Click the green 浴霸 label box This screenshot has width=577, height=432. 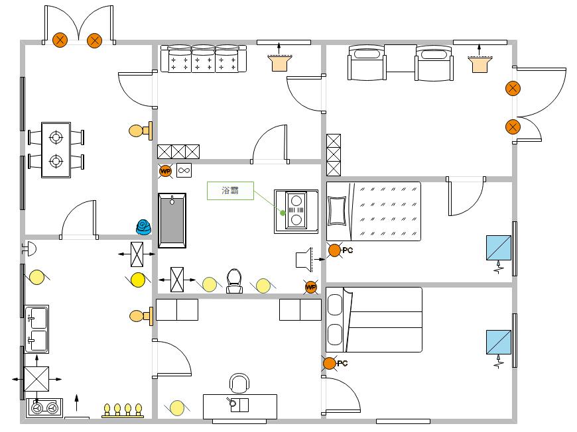point(230,191)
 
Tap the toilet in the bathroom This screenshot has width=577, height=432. point(234,281)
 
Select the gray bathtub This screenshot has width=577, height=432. point(172,221)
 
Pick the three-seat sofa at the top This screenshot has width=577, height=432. point(204,59)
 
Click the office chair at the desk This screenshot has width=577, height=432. point(239,384)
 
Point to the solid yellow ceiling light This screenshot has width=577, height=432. point(138,280)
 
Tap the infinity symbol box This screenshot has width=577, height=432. point(184,171)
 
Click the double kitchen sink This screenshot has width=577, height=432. point(37,329)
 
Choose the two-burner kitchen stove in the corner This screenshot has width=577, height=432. point(44,408)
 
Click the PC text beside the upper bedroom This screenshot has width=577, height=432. point(348,250)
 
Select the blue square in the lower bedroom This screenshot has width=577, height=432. point(498,343)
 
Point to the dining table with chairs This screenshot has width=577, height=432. point(56,150)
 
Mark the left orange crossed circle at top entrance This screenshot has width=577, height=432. point(60,40)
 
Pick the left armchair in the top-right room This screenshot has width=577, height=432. point(365,64)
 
